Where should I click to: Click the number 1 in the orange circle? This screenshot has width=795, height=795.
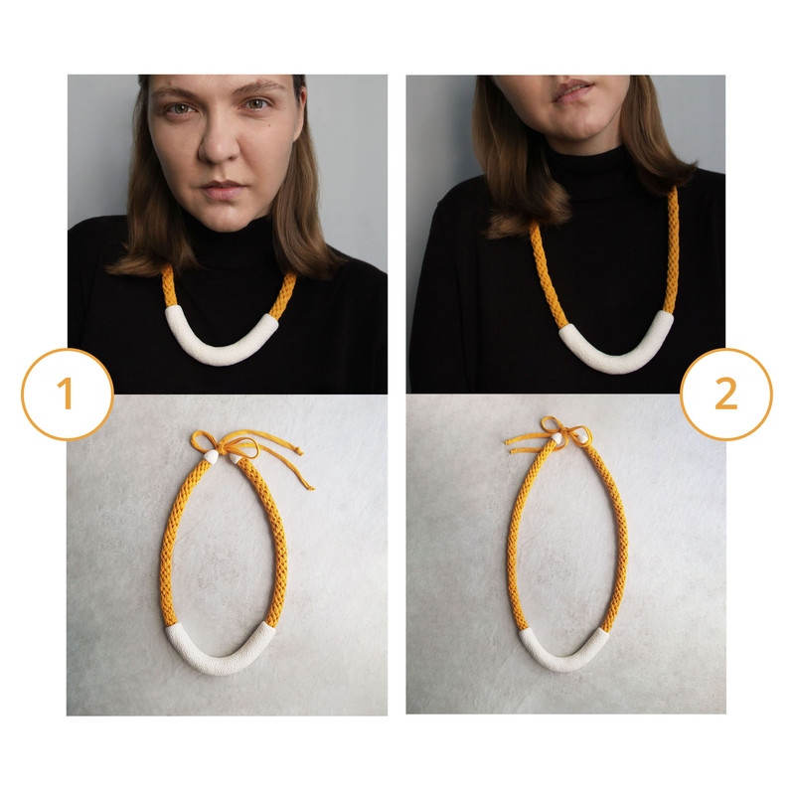[67, 394]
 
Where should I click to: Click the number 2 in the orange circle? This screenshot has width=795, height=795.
[726, 394]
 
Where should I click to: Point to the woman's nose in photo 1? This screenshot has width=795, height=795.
[220, 142]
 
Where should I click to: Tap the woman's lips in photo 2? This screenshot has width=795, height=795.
[572, 90]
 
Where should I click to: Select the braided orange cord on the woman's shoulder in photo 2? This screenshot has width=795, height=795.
[673, 248]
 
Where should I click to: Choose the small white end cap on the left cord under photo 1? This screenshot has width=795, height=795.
[212, 457]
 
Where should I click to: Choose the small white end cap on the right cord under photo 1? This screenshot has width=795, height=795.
[236, 458]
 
